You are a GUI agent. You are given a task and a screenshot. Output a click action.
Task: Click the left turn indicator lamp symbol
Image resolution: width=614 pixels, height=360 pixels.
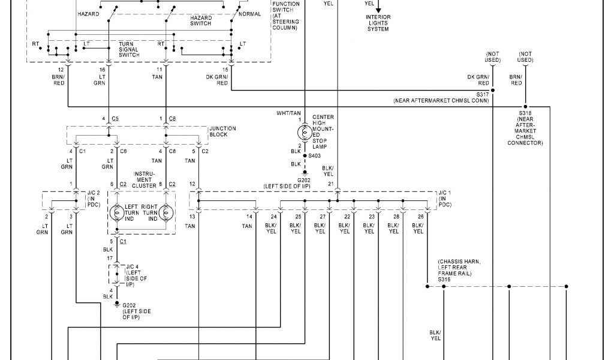(116, 213)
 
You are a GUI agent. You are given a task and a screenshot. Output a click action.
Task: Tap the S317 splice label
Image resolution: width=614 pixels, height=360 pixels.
(483, 95)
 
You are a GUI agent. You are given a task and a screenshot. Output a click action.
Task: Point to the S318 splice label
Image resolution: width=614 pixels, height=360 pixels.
(525, 113)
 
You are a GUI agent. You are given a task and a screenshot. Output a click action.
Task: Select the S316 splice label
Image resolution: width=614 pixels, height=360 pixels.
(444, 280)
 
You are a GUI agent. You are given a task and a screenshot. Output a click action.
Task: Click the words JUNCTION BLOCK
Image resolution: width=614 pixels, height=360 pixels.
(222, 131)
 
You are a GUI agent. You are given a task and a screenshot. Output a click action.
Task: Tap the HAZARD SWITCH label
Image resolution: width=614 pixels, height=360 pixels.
(201, 21)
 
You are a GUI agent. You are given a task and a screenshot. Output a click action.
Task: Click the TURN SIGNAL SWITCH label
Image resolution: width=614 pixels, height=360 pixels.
(129, 50)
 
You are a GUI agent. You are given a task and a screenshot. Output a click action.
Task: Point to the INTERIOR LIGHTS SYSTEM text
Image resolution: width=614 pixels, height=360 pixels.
(378, 23)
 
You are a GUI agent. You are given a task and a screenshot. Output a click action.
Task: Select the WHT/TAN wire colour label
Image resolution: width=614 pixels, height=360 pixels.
(288, 113)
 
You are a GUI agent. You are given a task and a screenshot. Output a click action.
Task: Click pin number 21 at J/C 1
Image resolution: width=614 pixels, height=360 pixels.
(330, 184)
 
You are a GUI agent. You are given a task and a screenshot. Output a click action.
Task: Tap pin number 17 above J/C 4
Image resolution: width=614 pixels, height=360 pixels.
(110, 259)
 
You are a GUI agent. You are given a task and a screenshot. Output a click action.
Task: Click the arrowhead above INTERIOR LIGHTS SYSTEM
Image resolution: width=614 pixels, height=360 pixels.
(378, 9)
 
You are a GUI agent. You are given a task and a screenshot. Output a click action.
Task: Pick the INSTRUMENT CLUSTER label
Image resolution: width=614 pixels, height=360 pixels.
(145, 179)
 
